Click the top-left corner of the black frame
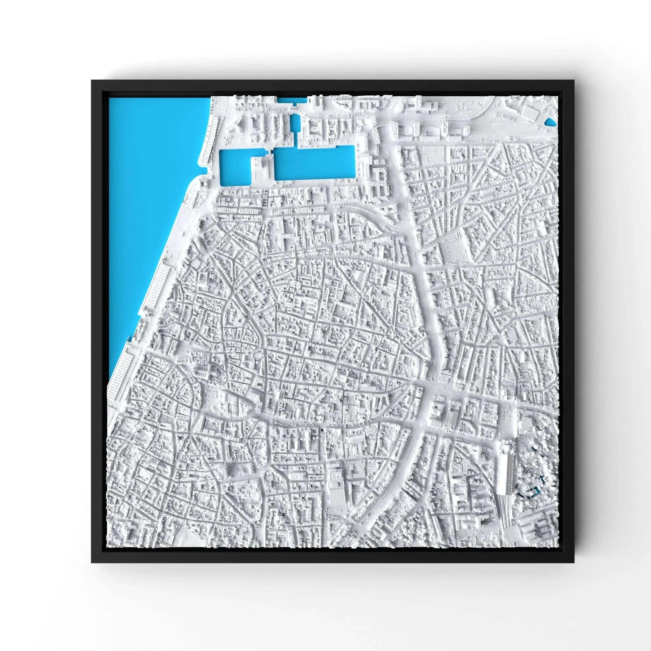pos(92,80)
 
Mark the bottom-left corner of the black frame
pos(92,562)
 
